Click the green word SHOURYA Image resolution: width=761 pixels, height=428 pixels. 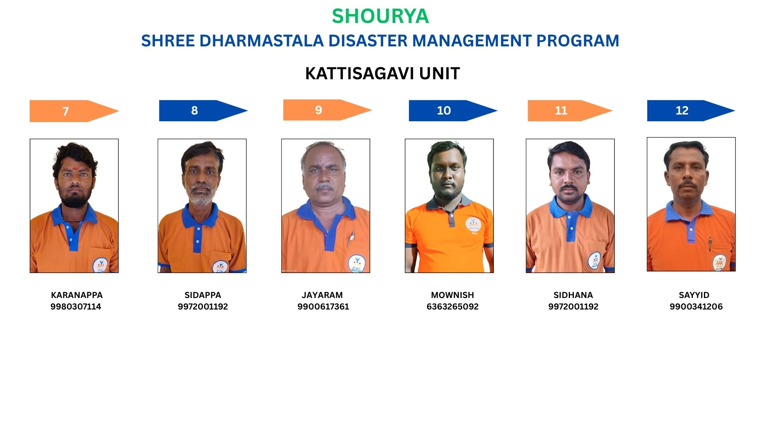point(380,16)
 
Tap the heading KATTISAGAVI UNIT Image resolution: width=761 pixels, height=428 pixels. point(382,73)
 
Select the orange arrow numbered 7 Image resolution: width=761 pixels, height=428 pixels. point(75,111)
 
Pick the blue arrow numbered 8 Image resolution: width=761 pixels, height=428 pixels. point(203,111)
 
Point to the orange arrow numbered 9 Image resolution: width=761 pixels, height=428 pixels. point(327,110)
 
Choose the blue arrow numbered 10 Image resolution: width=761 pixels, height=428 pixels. point(453,111)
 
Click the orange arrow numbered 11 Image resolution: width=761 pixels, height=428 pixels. point(570,111)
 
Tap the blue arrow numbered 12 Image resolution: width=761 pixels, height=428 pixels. point(691,111)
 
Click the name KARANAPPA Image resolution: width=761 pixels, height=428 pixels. point(77,295)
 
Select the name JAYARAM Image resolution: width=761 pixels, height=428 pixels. point(322,295)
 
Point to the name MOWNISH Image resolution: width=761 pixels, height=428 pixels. point(452,295)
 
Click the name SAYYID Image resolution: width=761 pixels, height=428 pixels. point(694,295)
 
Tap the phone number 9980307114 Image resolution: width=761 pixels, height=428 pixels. point(76,306)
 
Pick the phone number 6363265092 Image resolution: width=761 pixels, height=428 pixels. point(453,306)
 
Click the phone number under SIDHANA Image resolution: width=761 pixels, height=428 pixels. point(573,306)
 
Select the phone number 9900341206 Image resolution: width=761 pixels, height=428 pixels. point(696,306)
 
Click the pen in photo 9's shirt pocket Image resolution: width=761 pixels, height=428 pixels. point(350,239)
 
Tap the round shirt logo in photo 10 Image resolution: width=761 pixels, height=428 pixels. point(472,225)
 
